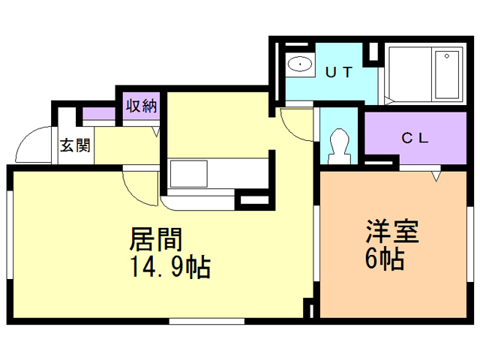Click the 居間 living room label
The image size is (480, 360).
pos(157,240)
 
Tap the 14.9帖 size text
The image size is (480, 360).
pos(170,266)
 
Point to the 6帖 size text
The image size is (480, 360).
pos(385,259)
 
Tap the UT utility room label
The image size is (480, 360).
pos(339,73)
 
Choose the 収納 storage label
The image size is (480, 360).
pos(140,106)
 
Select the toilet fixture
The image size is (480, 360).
pos(338,143)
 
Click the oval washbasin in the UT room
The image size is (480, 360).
pos(301,64)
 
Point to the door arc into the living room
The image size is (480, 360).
pos(139,186)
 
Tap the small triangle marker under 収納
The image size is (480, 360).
pos(156,132)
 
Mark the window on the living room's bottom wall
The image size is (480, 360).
pos(206,321)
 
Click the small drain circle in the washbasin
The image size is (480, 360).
pos(301,64)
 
